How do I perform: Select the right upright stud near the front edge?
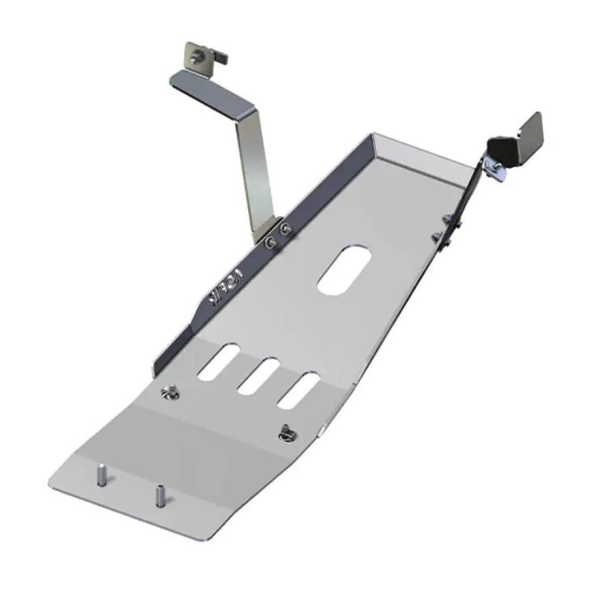[x=159, y=495]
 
